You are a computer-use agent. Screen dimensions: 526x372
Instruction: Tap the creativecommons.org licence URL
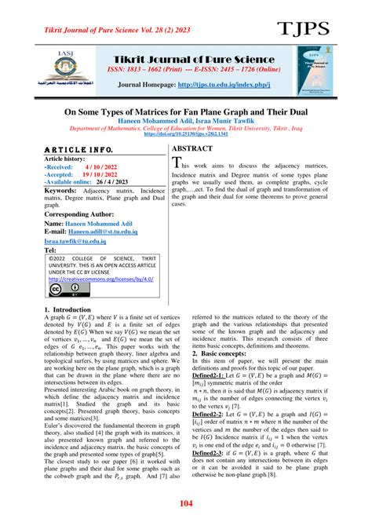[x=97, y=278]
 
